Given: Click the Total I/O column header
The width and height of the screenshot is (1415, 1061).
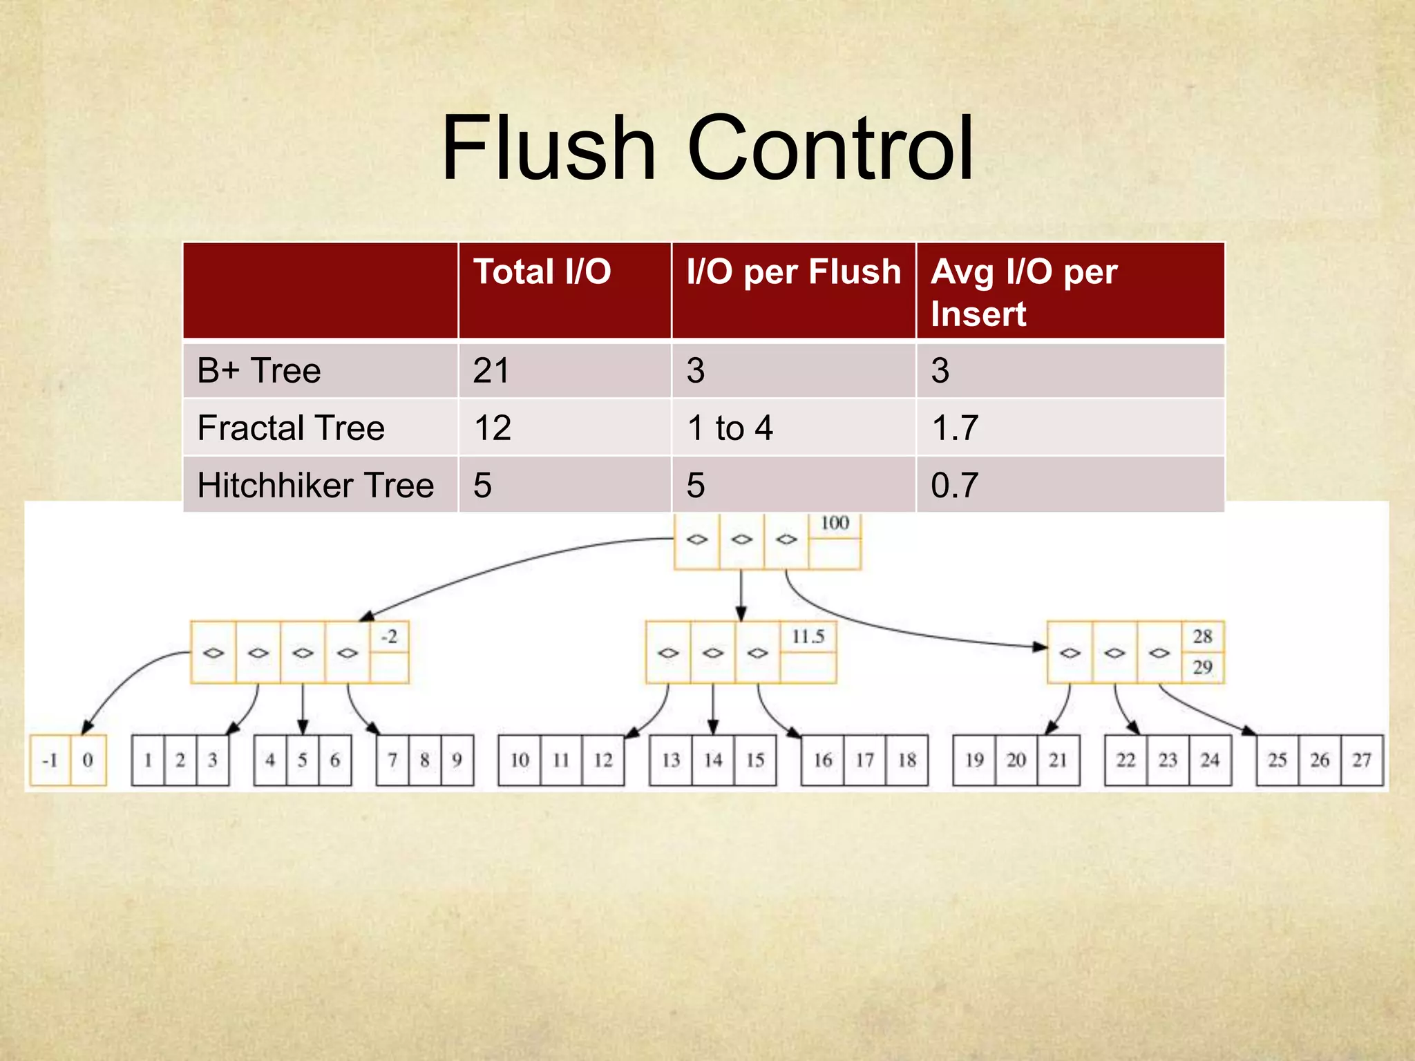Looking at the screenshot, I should coord(542,271).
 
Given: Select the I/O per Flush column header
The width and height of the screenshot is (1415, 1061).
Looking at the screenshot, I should coord(794,271).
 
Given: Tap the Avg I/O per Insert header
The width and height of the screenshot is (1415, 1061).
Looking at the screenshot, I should coord(1023,292).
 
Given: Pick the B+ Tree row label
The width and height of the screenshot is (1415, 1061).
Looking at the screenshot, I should coord(259,371).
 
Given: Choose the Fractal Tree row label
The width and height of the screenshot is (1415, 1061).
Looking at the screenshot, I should coord(291,428).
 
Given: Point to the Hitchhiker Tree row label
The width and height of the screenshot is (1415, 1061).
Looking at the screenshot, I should coord(316,486).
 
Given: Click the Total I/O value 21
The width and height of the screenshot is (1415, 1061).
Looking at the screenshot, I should coord(491,371).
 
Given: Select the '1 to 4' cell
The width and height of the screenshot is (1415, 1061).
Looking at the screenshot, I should coord(730,428).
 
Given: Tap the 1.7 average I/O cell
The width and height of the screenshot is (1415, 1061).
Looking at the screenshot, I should coord(955,428).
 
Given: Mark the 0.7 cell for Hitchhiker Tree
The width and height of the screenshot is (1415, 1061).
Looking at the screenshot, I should coord(955,486).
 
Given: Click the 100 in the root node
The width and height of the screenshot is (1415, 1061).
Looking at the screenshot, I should coord(835,524).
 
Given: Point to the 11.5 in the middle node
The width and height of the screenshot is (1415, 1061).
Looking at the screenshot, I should coord(808,636).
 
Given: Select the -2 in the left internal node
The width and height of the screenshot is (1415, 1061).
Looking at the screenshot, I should coord(389,636).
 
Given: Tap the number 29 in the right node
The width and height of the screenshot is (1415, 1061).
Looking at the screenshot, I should coord(1202,667).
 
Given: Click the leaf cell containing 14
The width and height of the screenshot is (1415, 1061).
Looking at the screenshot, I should coord(713,761).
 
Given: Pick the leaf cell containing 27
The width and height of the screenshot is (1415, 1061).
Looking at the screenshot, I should coord(1362,761).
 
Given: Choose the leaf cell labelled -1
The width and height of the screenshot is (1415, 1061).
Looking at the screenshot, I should coord(50,761).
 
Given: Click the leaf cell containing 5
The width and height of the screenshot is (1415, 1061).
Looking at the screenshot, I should coord(303,761).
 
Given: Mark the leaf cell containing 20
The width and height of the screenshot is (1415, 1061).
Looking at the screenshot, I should coord(1016,761).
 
